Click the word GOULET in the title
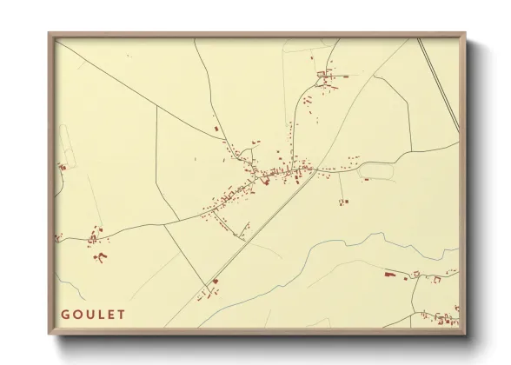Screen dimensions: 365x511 (93, 315)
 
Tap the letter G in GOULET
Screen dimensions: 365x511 (65, 315)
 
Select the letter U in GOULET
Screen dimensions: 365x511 (89, 315)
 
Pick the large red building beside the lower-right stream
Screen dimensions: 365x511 (388, 275)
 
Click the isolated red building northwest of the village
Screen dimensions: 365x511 (217, 129)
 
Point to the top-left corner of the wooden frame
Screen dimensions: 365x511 (49, 35)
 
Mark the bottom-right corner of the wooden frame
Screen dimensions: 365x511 (465, 334)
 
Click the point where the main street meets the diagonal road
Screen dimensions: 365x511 (316, 169)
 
